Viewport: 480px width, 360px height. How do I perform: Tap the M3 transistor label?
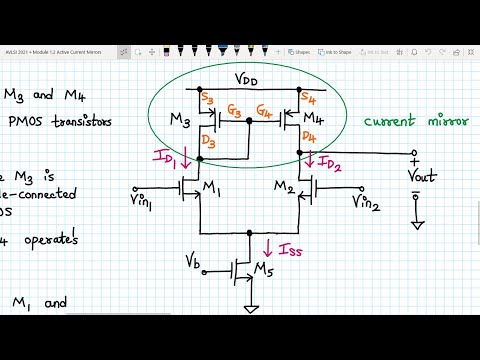point(181,121)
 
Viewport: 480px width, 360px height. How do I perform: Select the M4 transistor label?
point(322,120)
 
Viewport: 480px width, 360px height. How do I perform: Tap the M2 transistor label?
point(281,188)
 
